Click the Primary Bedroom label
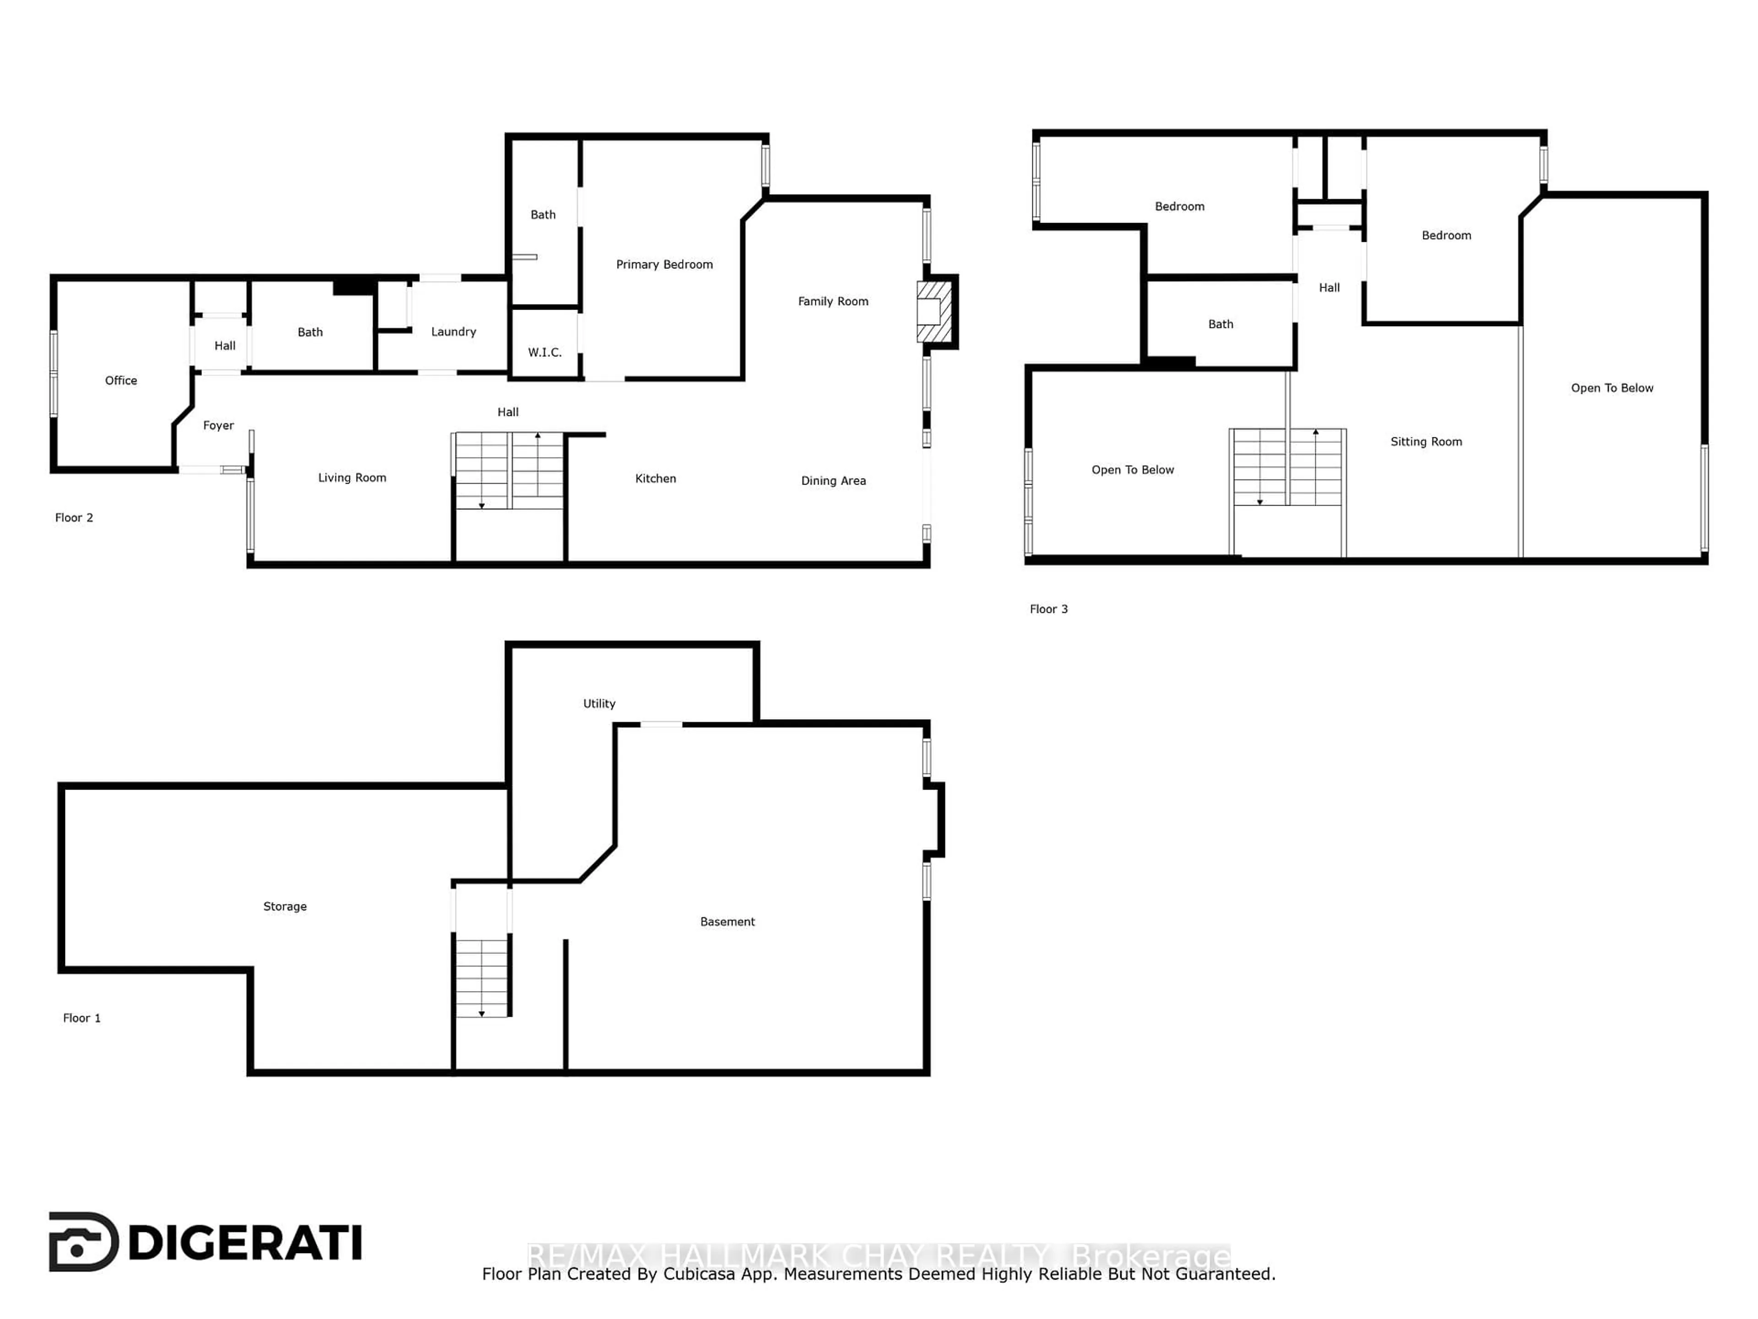click(664, 265)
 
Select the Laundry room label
click(453, 332)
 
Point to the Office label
click(121, 381)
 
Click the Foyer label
click(218, 425)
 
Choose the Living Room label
click(352, 478)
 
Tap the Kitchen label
click(656, 479)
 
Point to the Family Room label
click(833, 301)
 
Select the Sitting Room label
click(1426, 442)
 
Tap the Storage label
click(284, 906)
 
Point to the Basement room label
click(727, 921)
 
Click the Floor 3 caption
click(1048, 609)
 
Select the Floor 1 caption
click(82, 1019)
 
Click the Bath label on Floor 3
click(1221, 324)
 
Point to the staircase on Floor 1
click(482, 978)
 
